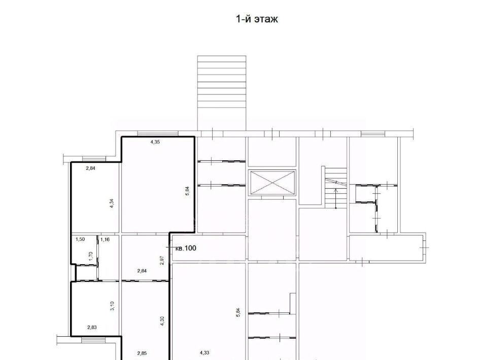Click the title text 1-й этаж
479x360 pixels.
pyautogui.click(x=257, y=19)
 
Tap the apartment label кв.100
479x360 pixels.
pyautogui.click(x=186, y=248)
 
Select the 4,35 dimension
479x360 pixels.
pyautogui.click(x=155, y=141)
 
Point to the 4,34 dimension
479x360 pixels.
pyautogui.click(x=112, y=203)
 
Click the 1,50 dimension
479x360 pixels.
pyautogui.click(x=80, y=239)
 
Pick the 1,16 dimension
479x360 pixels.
pyautogui.click(x=105, y=239)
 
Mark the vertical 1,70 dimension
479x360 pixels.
pyautogui.click(x=90, y=256)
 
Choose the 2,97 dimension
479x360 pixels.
pyautogui.click(x=162, y=260)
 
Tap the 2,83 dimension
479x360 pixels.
pyautogui.click(x=92, y=328)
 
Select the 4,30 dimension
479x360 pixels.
pyautogui.click(x=162, y=320)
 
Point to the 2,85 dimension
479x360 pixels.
pyautogui.click(x=142, y=353)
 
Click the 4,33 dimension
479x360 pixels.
pyautogui.click(x=204, y=353)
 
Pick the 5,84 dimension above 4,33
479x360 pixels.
pyautogui.click(x=238, y=313)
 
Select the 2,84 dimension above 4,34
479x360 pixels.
pyautogui.click(x=90, y=168)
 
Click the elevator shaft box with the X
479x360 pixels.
pyautogui.click(x=272, y=183)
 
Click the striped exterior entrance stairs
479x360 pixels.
pyautogui.click(x=221, y=93)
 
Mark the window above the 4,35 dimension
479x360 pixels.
pyautogui.click(x=158, y=133)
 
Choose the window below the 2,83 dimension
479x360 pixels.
pyautogui.click(x=93, y=340)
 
